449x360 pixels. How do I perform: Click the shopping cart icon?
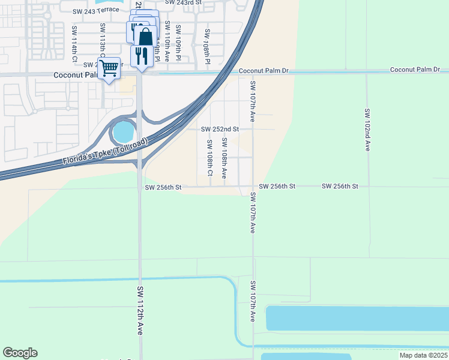109,68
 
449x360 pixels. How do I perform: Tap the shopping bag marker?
145,37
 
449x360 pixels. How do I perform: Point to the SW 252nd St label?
220,129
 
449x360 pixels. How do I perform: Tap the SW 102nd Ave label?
367,130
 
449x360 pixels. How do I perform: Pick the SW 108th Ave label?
224,158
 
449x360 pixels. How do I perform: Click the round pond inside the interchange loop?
123,130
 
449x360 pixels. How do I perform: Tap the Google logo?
20,353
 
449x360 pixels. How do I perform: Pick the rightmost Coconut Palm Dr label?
415,70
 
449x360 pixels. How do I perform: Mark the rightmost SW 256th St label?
340,187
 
